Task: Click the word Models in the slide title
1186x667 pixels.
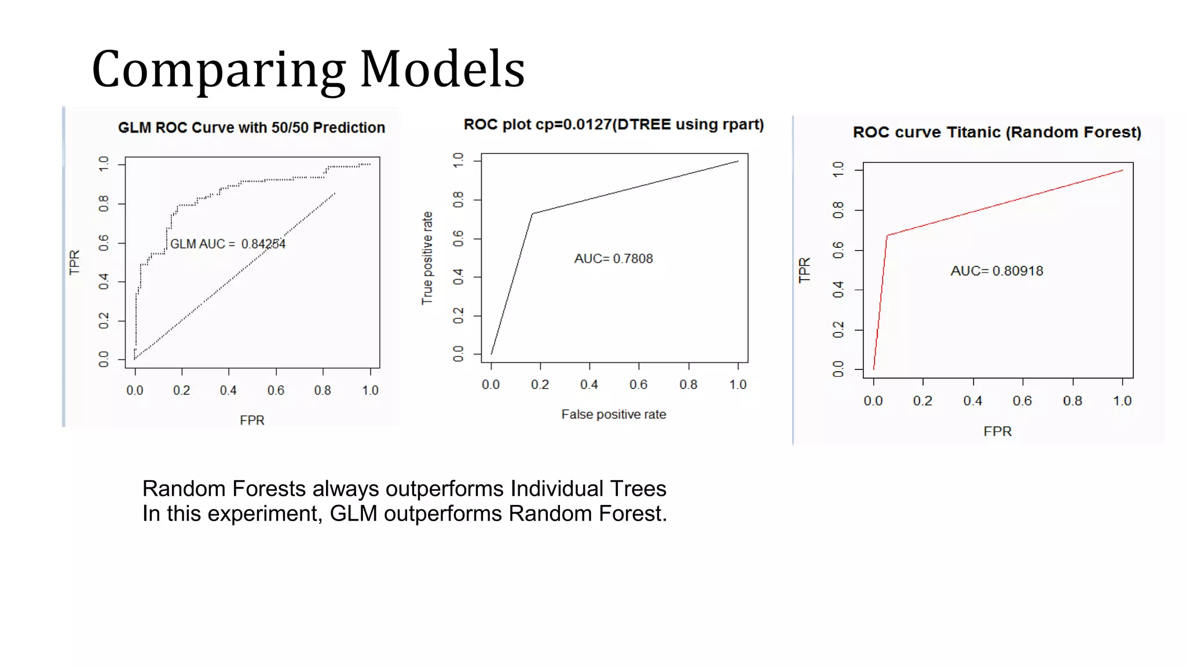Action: point(442,69)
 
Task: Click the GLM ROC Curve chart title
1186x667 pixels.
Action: point(251,127)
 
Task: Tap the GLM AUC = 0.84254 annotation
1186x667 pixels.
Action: point(228,244)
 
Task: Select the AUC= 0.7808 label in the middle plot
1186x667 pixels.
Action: point(613,258)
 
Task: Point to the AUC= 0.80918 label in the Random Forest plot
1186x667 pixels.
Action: point(997,270)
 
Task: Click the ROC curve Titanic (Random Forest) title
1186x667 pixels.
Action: point(997,132)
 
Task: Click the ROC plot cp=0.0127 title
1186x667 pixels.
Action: point(613,124)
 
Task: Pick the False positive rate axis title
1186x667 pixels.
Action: point(613,414)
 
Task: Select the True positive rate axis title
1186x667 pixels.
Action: point(427,258)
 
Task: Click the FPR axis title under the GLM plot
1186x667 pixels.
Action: point(252,420)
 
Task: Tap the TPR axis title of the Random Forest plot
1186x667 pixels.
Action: point(804,270)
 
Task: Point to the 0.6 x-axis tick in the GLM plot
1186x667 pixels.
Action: point(276,390)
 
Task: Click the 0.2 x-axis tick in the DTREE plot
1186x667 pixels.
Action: point(540,384)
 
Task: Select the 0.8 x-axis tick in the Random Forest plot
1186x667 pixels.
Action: point(1072,401)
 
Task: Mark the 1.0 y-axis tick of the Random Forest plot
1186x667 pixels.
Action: point(838,170)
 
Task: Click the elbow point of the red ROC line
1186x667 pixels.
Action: point(887,235)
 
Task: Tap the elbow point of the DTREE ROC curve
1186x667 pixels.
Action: point(532,214)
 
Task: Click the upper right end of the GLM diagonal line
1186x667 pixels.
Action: point(335,193)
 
